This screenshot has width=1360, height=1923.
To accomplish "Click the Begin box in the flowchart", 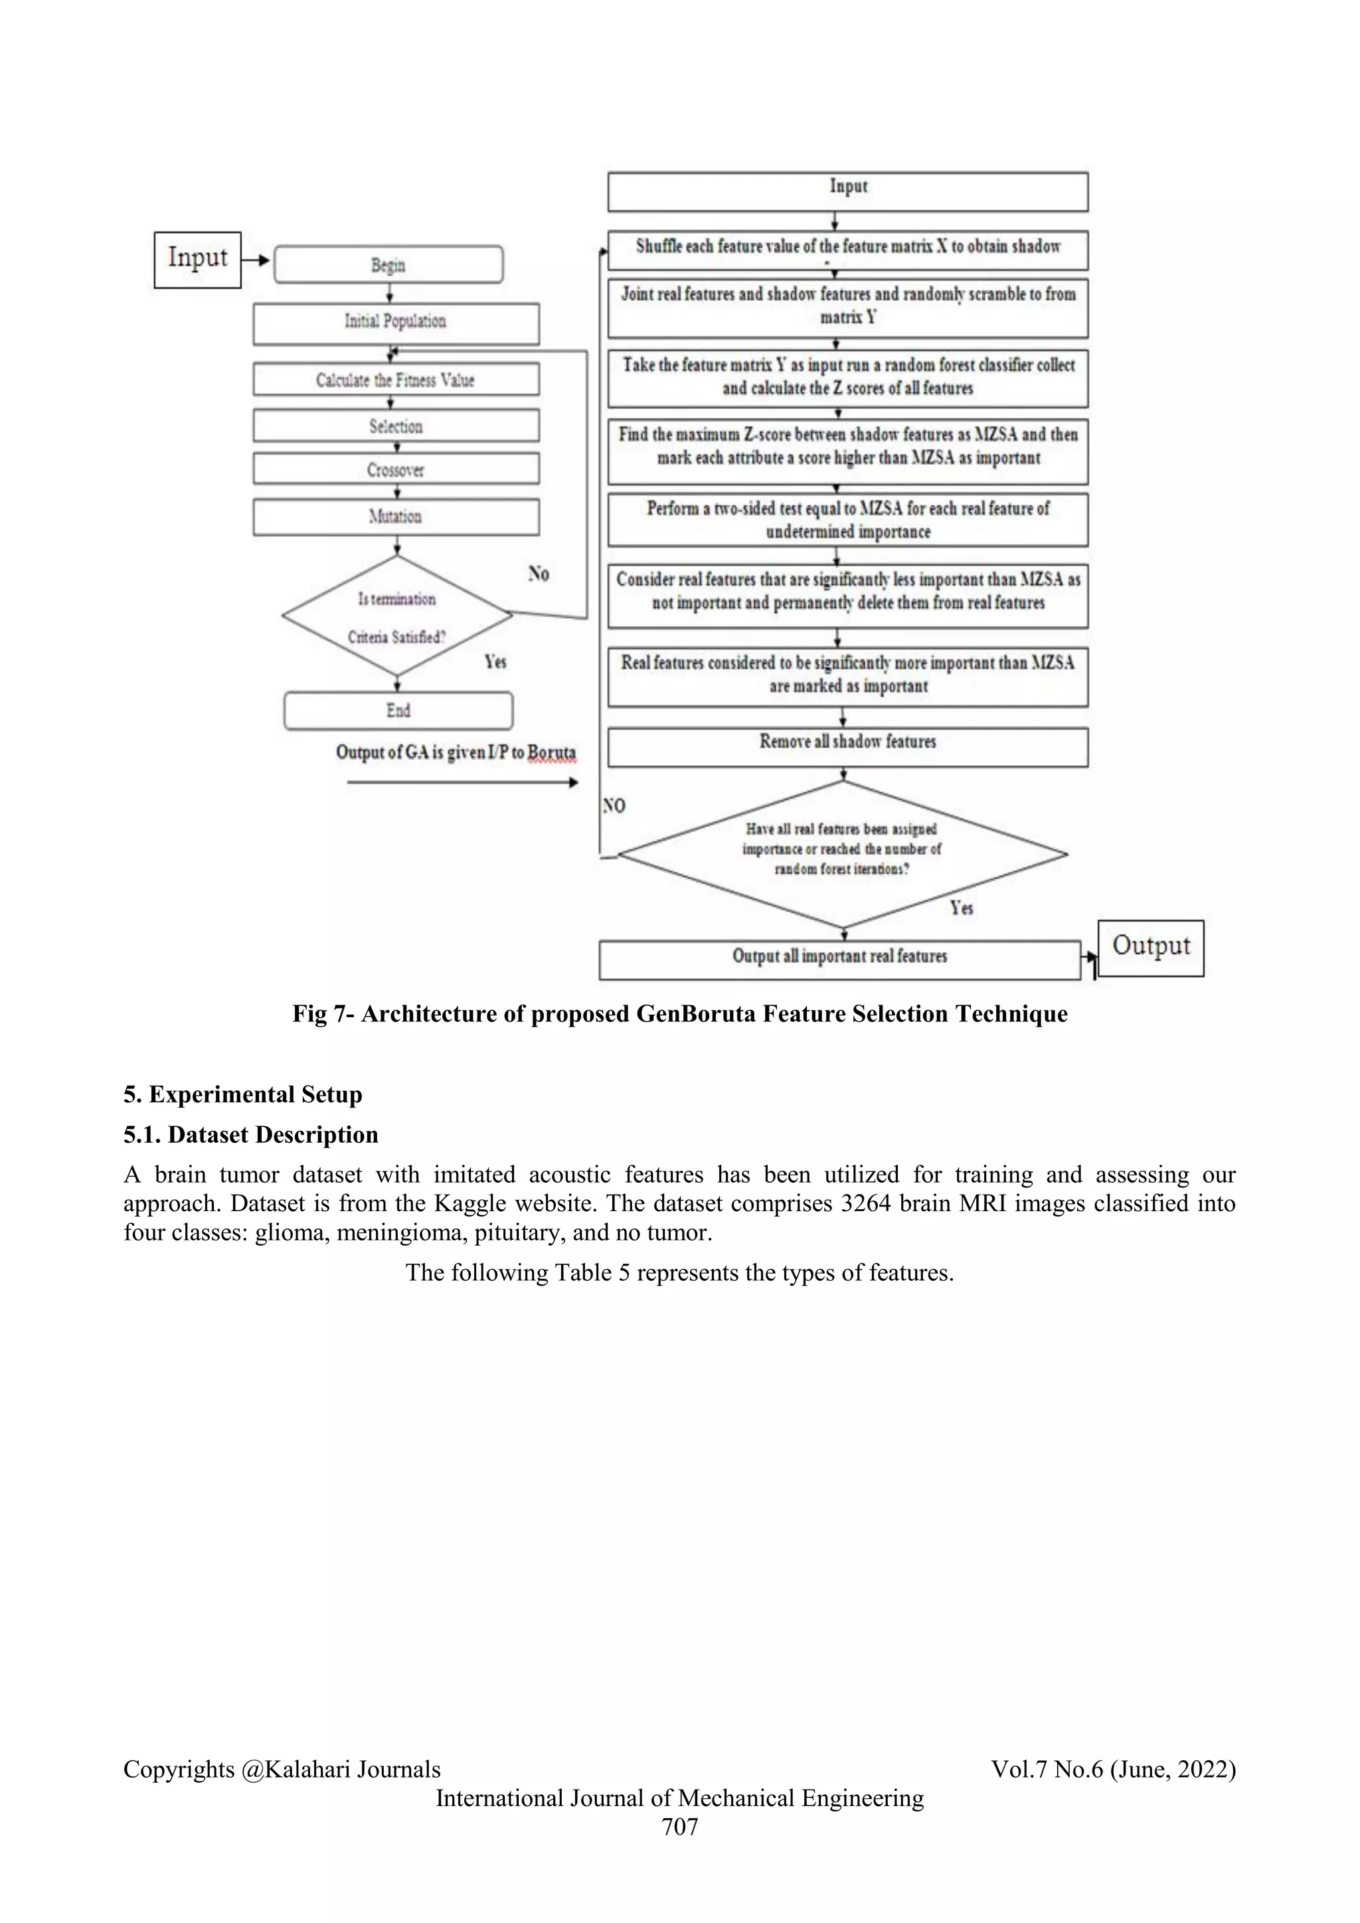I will click(388, 265).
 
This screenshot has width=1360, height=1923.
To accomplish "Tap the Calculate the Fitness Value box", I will click(396, 379).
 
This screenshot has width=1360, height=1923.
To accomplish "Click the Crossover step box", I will click(396, 469).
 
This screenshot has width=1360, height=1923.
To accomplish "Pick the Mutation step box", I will click(396, 517).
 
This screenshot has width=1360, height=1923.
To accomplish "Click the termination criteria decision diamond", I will click(397, 616).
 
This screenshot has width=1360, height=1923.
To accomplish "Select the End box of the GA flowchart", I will click(398, 711).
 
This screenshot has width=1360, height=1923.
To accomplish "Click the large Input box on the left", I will click(198, 260).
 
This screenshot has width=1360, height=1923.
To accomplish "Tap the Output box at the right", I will click(1151, 948).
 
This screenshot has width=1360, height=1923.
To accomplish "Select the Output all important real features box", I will click(840, 960).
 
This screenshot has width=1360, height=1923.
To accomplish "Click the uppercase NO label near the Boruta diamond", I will click(614, 805).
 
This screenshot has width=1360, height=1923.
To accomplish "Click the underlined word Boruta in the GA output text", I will click(552, 752).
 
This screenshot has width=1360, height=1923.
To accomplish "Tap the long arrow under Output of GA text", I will click(462, 782).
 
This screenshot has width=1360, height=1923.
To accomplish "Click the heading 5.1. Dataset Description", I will click(251, 1135).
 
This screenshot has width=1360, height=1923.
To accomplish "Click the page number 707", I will click(679, 1827).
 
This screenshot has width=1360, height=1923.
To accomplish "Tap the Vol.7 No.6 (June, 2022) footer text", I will click(1113, 1769).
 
